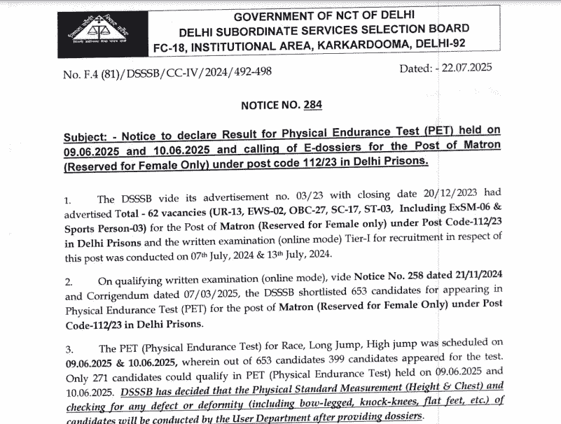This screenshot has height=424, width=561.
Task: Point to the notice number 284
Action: tap(312, 104)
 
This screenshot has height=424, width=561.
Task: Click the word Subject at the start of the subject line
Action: tap(85, 134)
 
